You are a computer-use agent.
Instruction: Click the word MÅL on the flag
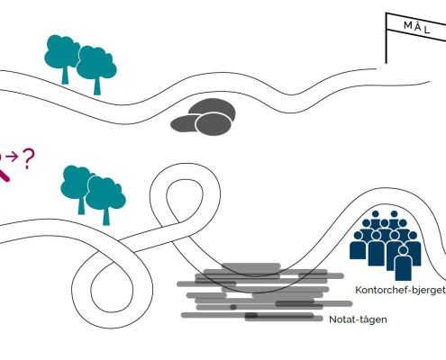(x=417, y=27)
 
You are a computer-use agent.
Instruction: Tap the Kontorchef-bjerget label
(x=400, y=290)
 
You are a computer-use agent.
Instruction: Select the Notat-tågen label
(x=358, y=319)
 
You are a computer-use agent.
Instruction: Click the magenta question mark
(x=29, y=158)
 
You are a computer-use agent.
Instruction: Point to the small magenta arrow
(x=12, y=157)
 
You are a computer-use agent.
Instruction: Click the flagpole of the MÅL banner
(x=387, y=38)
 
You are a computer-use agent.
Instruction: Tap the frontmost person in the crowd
(x=403, y=263)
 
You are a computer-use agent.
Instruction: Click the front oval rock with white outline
(x=214, y=124)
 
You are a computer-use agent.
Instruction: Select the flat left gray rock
(x=183, y=123)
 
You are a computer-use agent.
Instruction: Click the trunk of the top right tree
(x=97, y=86)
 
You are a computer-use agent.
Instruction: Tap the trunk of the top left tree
(x=65, y=75)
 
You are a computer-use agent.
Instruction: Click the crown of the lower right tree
(x=105, y=193)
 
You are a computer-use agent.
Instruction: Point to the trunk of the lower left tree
(x=81, y=205)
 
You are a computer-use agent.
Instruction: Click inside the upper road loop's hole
(x=185, y=198)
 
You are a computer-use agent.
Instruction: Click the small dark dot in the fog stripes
(x=233, y=307)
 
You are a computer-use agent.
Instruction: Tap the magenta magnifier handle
(x=4, y=175)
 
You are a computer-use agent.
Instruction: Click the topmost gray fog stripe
(x=251, y=266)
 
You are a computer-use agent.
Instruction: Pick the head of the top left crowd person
(x=375, y=214)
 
